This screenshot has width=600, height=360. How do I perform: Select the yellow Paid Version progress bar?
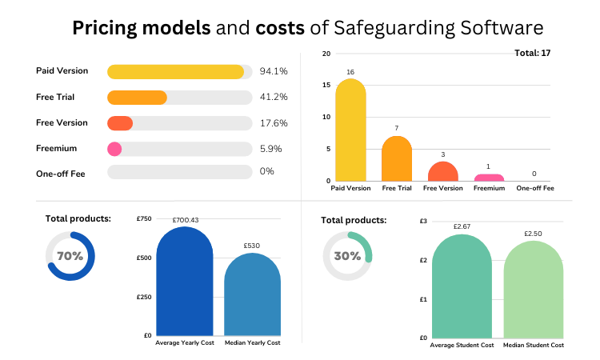[x=175, y=72]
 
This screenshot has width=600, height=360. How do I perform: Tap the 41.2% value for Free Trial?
[x=274, y=98]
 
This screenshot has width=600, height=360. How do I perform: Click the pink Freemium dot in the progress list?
[x=114, y=149]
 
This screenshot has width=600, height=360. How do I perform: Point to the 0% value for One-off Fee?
[x=267, y=173]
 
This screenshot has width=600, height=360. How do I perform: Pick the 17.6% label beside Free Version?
[x=274, y=123]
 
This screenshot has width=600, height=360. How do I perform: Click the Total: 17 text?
[x=534, y=54]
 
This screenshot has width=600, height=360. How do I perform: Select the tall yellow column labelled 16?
[x=350, y=132]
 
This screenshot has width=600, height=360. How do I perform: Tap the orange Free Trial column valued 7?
[x=397, y=159]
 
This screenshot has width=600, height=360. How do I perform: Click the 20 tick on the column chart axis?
[x=326, y=54]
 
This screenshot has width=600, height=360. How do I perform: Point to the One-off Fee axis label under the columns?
[x=535, y=188]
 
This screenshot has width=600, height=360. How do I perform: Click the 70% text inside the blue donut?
[x=70, y=256]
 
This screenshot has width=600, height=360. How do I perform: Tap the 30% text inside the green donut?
[x=347, y=256]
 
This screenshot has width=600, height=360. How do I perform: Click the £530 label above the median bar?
[x=252, y=246]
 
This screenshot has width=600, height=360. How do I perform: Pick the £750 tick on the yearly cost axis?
[x=143, y=219]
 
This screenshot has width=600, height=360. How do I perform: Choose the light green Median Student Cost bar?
[x=534, y=290]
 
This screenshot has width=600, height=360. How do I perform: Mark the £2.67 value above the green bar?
[x=464, y=226]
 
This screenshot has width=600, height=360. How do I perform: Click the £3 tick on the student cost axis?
[x=423, y=221]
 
